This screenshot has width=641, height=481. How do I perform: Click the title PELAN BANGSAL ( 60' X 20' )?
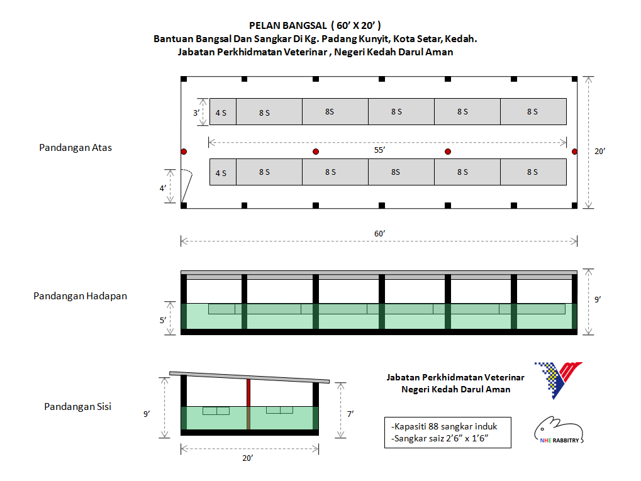(x=315, y=26)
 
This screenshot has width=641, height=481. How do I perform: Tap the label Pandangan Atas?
(x=75, y=148)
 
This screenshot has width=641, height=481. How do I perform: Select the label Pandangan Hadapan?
(x=80, y=296)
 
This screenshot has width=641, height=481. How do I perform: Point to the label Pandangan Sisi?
(x=77, y=406)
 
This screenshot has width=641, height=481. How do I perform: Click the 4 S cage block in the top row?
(x=223, y=112)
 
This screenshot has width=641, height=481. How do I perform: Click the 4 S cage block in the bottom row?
(x=223, y=172)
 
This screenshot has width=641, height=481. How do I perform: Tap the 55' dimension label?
(x=379, y=150)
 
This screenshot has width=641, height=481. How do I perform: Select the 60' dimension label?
(x=379, y=233)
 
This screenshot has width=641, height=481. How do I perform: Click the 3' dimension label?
(x=196, y=112)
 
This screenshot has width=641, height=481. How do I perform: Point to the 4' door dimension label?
(x=162, y=188)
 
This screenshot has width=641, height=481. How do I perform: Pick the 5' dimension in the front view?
(x=162, y=320)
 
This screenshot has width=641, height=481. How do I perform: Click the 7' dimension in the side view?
(x=350, y=413)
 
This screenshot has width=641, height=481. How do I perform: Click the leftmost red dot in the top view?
(x=184, y=152)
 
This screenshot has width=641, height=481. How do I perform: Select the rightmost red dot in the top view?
(x=574, y=152)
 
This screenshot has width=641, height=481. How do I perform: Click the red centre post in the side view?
(x=248, y=393)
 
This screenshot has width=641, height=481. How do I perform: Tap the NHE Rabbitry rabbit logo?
(x=558, y=431)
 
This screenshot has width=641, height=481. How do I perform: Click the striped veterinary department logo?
(x=557, y=380)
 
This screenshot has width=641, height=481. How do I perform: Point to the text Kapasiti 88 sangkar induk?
(x=444, y=426)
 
